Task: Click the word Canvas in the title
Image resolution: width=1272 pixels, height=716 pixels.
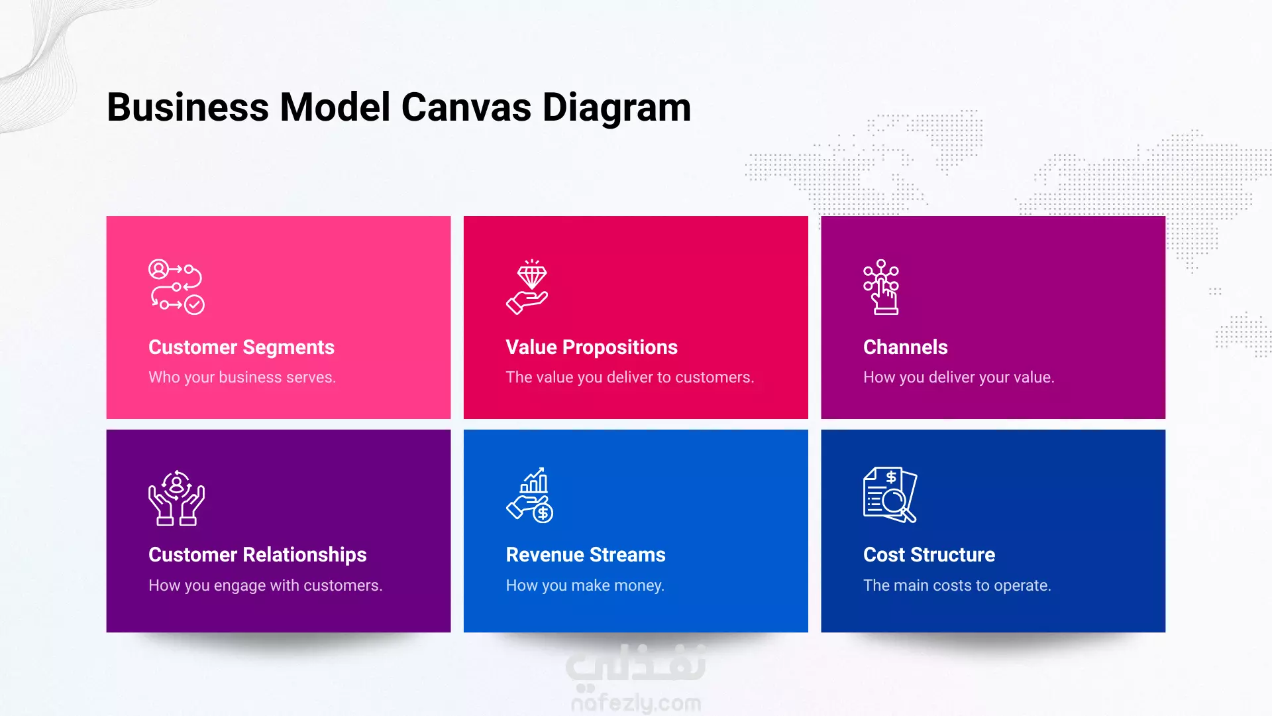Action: pyautogui.click(x=466, y=107)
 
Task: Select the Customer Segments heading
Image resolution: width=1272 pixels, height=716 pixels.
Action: pyautogui.click(x=241, y=347)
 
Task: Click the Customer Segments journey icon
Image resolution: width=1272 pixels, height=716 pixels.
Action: pyautogui.click(x=176, y=286)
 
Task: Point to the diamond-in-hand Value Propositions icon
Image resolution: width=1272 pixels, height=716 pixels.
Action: pyautogui.click(x=527, y=286)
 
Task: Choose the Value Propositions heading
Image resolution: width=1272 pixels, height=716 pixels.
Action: pyautogui.click(x=592, y=347)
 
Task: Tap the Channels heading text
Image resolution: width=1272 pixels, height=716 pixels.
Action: pyautogui.click(x=905, y=347)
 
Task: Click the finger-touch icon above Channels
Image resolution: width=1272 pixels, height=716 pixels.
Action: pyautogui.click(x=881, y=286)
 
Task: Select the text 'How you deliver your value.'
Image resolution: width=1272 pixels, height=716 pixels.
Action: pyautogui.click(x=959, y=377)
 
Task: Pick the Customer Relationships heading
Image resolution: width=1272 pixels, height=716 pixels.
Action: pyautogui.click(x=257, y=555)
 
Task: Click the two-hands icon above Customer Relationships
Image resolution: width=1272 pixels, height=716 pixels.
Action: pyautogui.click(x=176, y=498)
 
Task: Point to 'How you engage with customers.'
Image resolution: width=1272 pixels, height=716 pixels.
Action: pyautogui.click(x=265, y=585)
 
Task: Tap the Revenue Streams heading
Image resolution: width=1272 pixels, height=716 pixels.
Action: pyautogui.click(x=586, y=555)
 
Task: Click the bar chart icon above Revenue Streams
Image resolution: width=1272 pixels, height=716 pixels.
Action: pyautogui.click(x=530, y=495)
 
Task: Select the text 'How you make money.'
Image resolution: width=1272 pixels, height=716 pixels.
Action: pyautogui.click(x=585, y=585)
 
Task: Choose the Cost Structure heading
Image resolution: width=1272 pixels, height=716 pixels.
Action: pyautogui.click(x=929, y=555)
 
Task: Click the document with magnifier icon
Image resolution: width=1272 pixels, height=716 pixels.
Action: pyautogui.click(x=890, y=495)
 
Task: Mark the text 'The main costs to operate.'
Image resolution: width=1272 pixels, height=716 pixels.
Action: pyautogui.click(x=957, y=585)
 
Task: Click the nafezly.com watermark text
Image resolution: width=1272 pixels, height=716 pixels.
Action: pyautogui.click(x=636, y=703)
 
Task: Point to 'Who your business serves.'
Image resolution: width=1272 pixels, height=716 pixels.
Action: pyautogui.click(x=242, y=377)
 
